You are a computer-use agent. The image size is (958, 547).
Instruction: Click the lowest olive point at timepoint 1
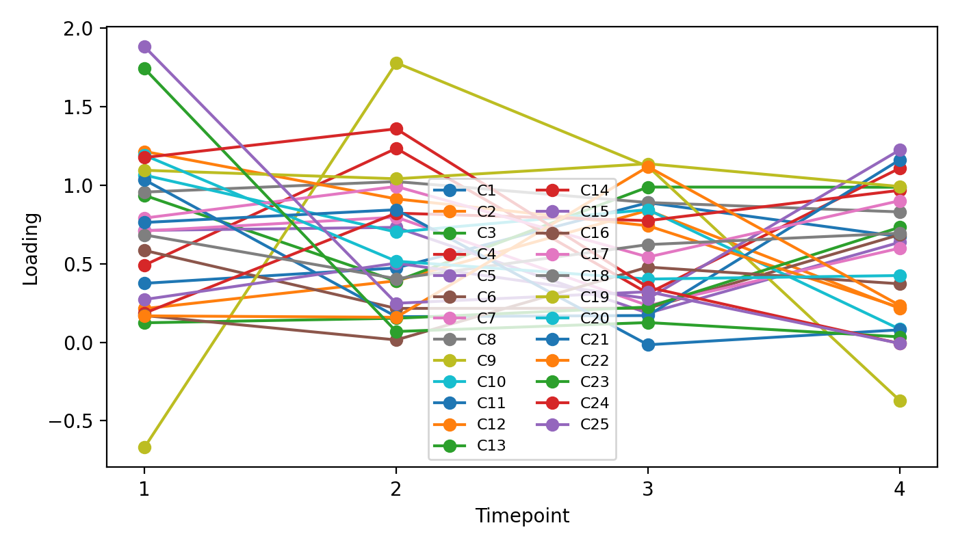[144, 447]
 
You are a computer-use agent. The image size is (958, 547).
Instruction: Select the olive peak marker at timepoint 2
[396, 63]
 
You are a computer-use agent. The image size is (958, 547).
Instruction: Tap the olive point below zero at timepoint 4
[900, 401]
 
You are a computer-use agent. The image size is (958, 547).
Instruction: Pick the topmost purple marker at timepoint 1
[144, 46]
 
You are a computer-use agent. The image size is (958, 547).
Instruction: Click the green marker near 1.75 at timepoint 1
[144, 68]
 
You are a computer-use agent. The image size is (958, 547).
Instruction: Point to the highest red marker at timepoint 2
[396, 129]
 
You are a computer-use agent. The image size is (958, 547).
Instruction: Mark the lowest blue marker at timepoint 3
[648, 345]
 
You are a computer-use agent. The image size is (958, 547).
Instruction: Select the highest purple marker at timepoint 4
[900, 150]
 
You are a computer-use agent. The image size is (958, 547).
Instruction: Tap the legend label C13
[491, 446]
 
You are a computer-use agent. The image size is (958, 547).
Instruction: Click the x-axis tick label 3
[648, 489]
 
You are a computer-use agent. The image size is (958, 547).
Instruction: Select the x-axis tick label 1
[144, 489]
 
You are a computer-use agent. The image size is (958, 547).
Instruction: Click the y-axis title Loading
[31, 248]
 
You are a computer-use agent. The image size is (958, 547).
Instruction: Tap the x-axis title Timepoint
[522, 516]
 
